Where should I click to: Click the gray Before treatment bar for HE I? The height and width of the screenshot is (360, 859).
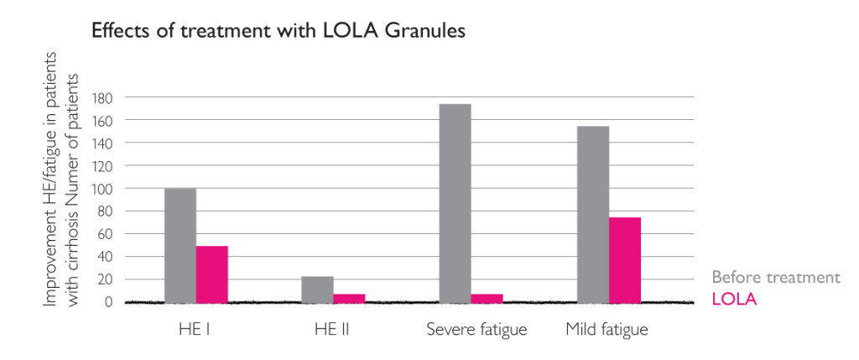pyautogui.click(x=180, y=245)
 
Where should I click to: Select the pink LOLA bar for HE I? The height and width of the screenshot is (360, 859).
pyautogui.click(x=212, y=274)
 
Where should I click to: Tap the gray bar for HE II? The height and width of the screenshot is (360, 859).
pyautogui.click(x=317, y=289)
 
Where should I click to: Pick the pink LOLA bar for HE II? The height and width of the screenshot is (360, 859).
pyautogui.click(x=349, y=297)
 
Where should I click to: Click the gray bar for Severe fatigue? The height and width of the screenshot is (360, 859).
pyautogui.click(x=456, y=202)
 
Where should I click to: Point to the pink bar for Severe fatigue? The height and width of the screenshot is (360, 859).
pyautogui.click(x=487, y=297)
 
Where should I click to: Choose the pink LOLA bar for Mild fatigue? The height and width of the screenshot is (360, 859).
pyautogui.click(x=625, y=259)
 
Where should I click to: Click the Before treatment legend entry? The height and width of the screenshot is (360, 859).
pyautogui.click(x=775, y=277)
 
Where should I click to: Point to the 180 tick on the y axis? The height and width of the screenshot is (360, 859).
pyautogui.click(x=102, y=97)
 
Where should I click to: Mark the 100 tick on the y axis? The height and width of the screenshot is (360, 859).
pyautogui.click(x=102, y=189)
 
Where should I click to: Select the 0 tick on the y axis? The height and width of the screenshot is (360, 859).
pyautogui.click(x=108, y=302)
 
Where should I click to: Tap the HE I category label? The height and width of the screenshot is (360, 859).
pyautogui.click(x=196, y=329)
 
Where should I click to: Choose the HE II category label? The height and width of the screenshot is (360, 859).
pyautogui.click(x=333, y=329)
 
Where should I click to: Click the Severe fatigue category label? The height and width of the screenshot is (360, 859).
pyautogui.click(x=476, y=329)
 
